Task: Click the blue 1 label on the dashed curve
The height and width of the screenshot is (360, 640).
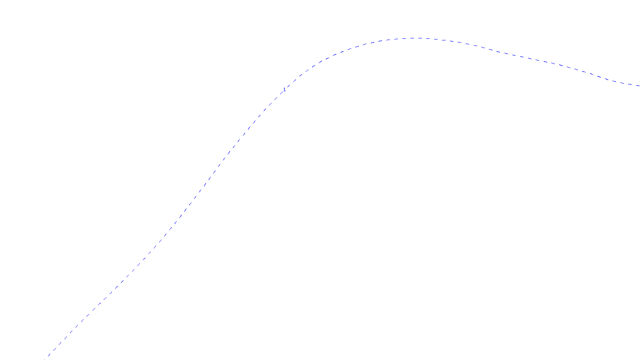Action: coord(284,89)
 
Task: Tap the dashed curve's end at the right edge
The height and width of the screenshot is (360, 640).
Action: coord(639,86)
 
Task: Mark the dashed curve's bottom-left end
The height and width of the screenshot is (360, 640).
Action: coord(48,356)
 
